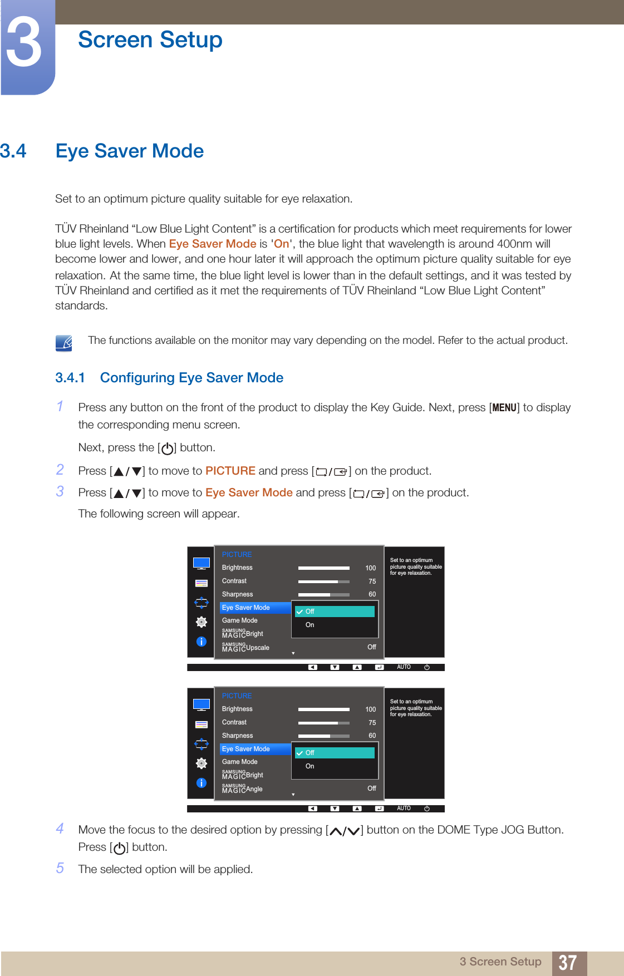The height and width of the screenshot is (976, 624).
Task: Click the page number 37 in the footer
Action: click(567, 963)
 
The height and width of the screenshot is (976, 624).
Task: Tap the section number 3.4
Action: click(13, 151)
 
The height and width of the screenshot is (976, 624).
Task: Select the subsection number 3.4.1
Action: click(70, 378)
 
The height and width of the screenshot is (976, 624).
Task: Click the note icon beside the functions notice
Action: click(64, 343)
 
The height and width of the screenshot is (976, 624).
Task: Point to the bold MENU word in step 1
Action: click(504, 408)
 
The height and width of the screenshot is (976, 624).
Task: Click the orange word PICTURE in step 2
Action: click(230, 471)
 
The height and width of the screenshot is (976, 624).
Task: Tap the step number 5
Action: click(60, 868)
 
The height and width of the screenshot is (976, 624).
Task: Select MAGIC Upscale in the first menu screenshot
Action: click(245, 647)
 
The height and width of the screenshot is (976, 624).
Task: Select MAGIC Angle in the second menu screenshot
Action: click(242, 788)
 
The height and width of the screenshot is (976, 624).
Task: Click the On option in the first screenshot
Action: click(310, 625)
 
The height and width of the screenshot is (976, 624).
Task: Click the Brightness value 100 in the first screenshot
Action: click(370, 568)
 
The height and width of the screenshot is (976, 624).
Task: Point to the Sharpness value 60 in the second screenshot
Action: click(372, 736)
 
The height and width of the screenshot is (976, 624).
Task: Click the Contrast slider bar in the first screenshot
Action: click(323, 581)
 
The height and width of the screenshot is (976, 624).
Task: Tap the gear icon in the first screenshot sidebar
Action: click(202, 622)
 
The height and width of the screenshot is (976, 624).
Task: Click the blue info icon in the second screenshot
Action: click(202, 783)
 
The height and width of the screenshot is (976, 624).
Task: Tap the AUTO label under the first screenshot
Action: click(404, 667)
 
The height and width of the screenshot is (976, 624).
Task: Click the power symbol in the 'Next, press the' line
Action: click(167, 448)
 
